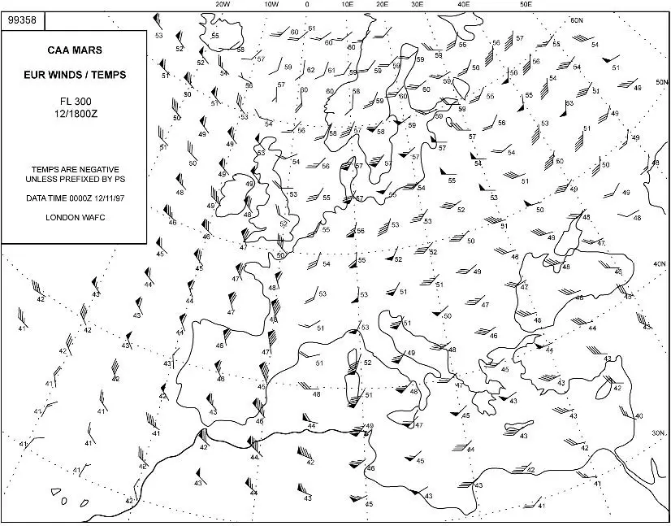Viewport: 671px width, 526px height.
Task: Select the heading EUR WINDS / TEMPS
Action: (x=74, y=75)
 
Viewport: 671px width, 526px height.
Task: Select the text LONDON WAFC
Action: (x=74, y=217)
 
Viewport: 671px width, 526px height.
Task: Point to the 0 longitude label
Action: (x=306, y=5)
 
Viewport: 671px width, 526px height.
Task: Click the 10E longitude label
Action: (x=347, y=5)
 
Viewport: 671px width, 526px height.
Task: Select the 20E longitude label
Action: (x=382, y=5)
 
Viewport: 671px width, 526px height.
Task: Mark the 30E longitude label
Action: (x=418, y=5)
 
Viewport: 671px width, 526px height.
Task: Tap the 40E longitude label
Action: (x=464, y=5)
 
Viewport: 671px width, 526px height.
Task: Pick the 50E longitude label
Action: (x=526, y=5)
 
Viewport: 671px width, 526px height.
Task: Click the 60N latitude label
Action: (x=577, y=20)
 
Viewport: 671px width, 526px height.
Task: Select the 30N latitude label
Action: (x=658, y=433)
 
